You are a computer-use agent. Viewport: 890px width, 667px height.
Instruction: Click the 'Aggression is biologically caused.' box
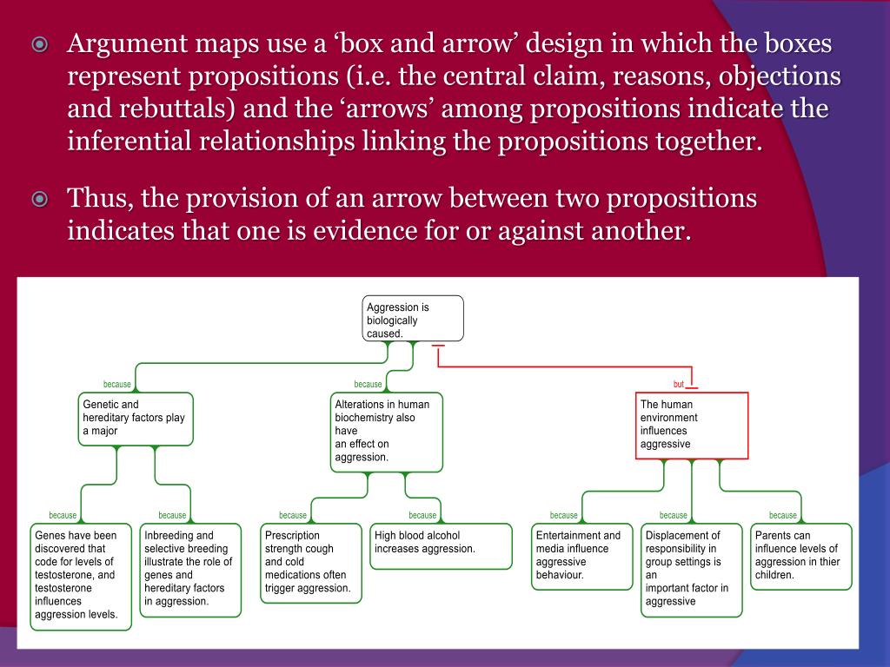[x=413, y=319]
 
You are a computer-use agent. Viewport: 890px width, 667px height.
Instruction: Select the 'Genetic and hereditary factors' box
[x=136, y=419]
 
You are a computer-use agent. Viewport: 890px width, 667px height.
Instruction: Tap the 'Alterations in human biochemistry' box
[x=386, y=432]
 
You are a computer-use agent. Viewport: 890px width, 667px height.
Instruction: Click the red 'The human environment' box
[x=692, y=426]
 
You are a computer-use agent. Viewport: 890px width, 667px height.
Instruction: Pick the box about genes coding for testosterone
[x=82, y=576]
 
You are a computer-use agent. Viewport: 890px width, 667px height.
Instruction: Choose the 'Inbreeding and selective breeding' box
[x=190, y=569]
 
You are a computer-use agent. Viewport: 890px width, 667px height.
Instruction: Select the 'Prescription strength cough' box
[x=311, y=562]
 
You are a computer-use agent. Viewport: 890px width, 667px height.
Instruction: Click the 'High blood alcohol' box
[x=442, y=545]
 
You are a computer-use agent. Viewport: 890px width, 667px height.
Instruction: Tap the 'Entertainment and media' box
[x=582, y=556]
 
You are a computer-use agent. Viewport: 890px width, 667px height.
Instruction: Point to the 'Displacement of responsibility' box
[x=692, y=569]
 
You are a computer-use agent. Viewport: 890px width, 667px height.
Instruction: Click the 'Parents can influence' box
[x=800, y=556]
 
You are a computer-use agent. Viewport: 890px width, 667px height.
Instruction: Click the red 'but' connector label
[x=679, y=384]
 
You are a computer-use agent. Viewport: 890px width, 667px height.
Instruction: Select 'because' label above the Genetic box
[x=117, y=384]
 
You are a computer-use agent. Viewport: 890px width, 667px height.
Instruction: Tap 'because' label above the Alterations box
[x=368, y=384]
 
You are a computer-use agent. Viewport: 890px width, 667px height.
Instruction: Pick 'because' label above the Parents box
[x=783, y=515]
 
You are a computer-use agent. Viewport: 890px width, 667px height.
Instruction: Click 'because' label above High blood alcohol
[x=422, y=515]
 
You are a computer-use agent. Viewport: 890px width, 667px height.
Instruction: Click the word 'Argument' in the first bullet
[x=122, y=44]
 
